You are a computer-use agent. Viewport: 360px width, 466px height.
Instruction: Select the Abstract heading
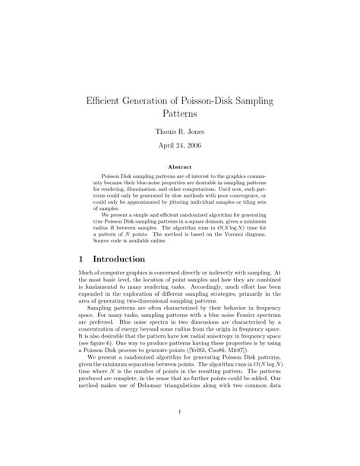(x=179, y=168)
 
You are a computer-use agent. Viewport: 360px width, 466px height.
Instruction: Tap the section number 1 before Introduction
(x=82, y=259)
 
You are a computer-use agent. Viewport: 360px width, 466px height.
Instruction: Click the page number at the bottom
(x=180, y=412)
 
